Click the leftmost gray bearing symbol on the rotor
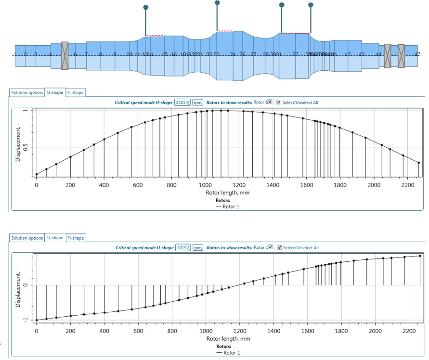pos(65,55)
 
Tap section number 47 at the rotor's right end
pos(417,55)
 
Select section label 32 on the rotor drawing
pos(295,55)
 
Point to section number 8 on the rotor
pos(100,54)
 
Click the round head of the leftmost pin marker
pos(146,7)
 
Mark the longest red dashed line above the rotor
pos(296,33)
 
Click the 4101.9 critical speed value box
pos(182,103)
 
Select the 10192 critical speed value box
pos(182,248)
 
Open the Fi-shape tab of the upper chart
pos(76,92)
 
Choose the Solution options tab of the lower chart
pos(27,238)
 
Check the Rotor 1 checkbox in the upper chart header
pos(270,102)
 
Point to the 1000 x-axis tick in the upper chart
pos(206,184)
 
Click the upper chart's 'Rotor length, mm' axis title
pos(226,192)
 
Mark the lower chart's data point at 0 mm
pos(37,320)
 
